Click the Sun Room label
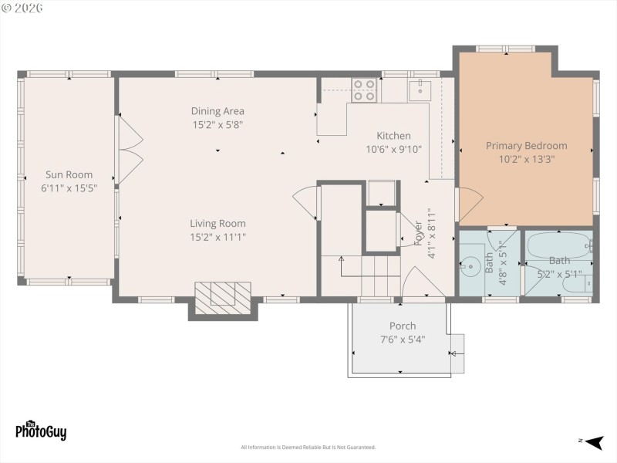(x=68, y=174)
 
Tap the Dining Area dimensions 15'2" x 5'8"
(x=218, y=124)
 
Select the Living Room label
(x=218, y=224)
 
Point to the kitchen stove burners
(x=364, y=90)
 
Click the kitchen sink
(x=420, y=90)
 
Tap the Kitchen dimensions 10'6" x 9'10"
(x=393, y=150)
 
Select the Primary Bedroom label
(x=526, y=145)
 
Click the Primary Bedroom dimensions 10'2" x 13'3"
(x=526, y=159)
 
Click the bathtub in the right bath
(x=558, y=247)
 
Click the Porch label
(x=402, y=326)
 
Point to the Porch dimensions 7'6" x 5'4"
(x=402, y=340)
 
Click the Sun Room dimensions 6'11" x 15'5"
(x=68, y=188)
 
